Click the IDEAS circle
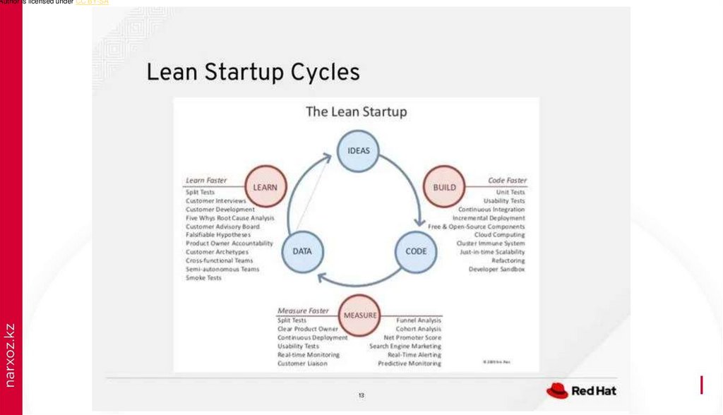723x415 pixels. pyautogui.click(x=359, y=150)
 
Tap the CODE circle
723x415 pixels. pyautogui.click(x=416, y=252)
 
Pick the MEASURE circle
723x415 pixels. pyautogui.click(x=360, y=315)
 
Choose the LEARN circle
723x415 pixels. pyautogui.click(x=265, y=187)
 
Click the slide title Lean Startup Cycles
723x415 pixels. pyautogui.click(x=253, y=72)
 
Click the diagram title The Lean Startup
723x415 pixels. pyautogui.click(x=356, y=112)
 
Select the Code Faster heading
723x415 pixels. pyautogui.click(x=507, y=181)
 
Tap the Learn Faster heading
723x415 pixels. pyautogui.click(x=206, y=181)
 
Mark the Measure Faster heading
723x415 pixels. pyautogui.click(x=303, y=311)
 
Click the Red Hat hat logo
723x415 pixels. pyautogui.click(x=557, y=390)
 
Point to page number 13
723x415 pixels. pyautogui.click(x=361, y=395)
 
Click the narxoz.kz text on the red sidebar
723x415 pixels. pyautogui.click(x=10, y=355)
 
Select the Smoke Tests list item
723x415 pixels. pyautogui.click(x=203, y=278)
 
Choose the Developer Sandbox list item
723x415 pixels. pyautogui.click(x=497, y=269)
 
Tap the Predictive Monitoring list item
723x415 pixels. pyautogui.click(x=410, y=364)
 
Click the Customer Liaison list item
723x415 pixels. pyautogui.click(x=302, y=364)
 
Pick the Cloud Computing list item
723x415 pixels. pyautogui.click(x=499, y=235)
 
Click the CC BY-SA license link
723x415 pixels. pyautogui.click(x=92, y=3)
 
